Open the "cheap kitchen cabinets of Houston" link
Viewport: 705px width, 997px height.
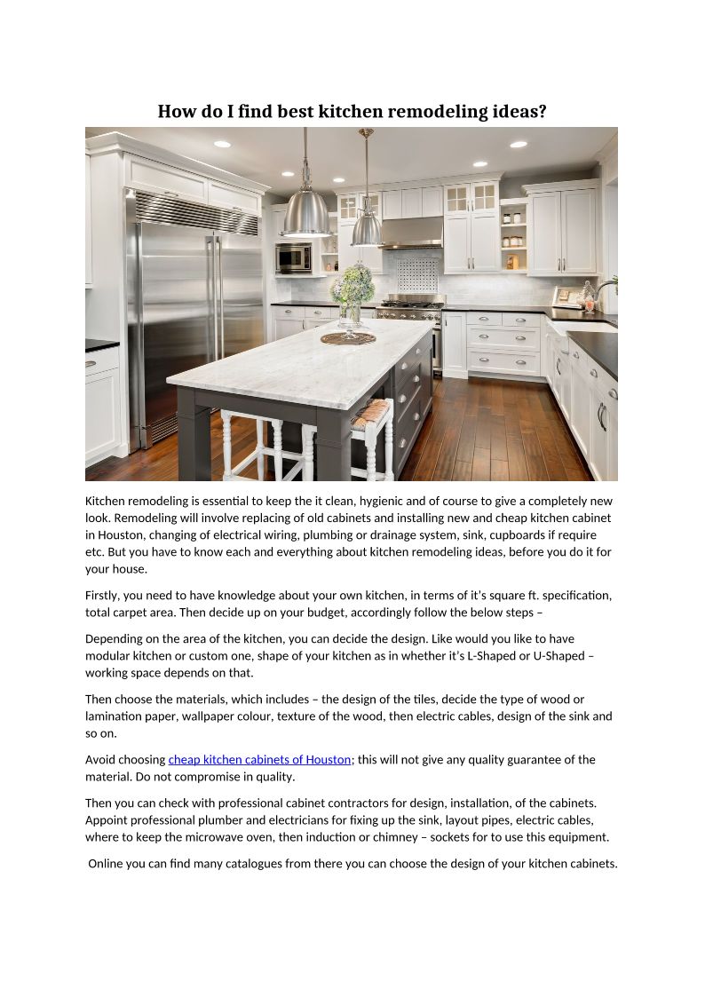(x=260, y=760)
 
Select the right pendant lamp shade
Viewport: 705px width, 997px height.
(x=367, y=230)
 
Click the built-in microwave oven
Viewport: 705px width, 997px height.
(x=294, y=257)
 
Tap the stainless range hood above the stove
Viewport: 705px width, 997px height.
(x=411, y=233)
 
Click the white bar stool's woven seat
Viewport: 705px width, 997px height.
(x=371, y=412)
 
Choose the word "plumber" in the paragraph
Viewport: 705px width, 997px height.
(x=239, y=820)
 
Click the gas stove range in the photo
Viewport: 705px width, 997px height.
(x=410, y=312)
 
